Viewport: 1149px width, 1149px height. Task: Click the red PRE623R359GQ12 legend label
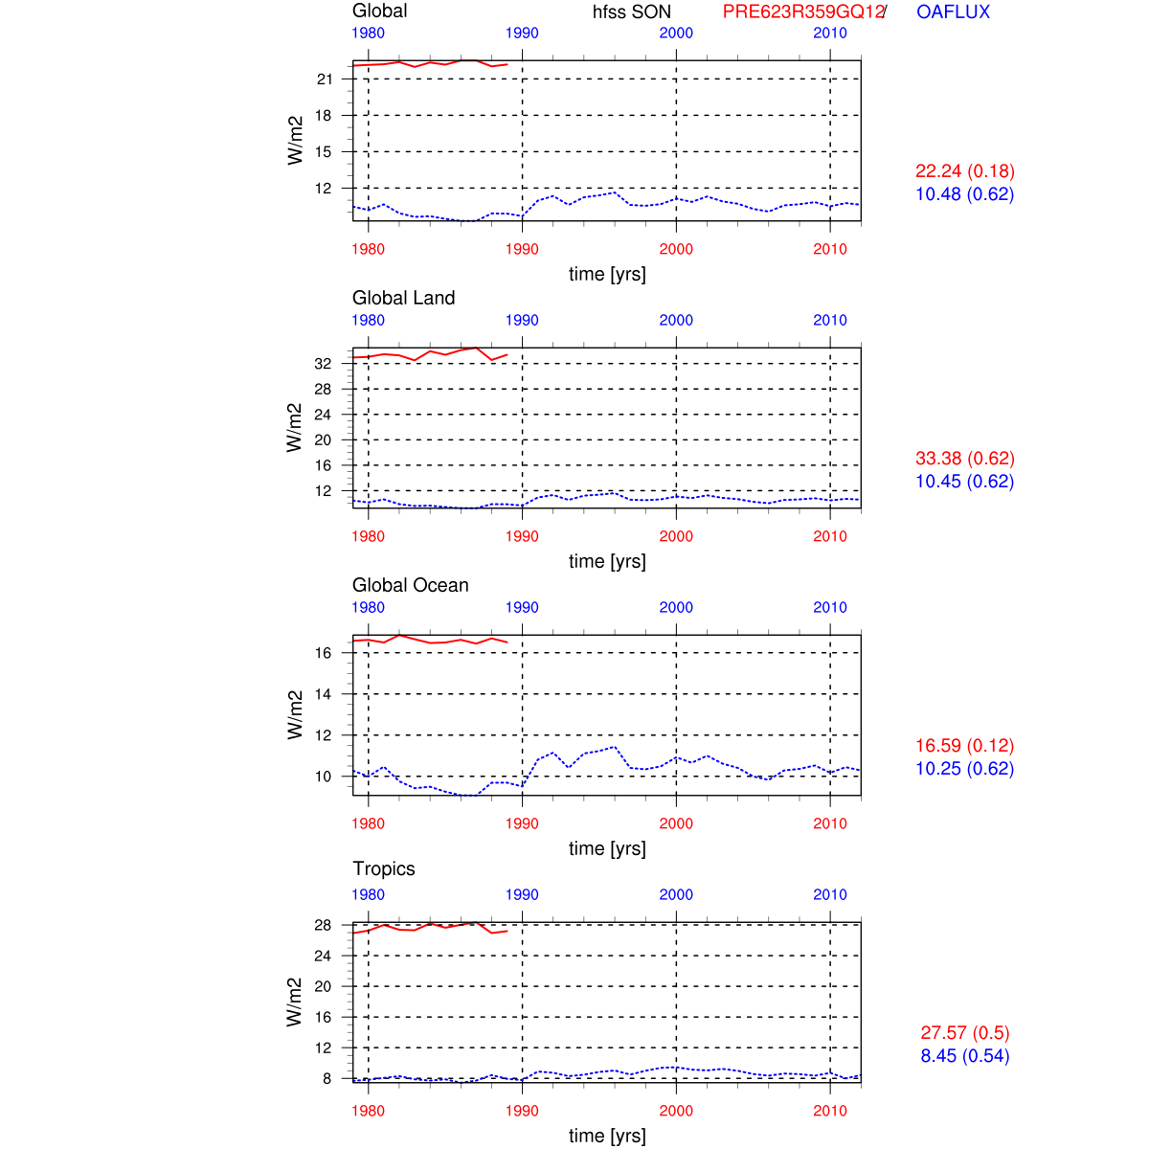pos(802,12)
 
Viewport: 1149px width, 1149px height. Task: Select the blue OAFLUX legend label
pos(953,12)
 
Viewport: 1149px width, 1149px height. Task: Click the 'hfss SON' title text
pos(632,12)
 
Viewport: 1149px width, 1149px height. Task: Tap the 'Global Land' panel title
pos(403,298)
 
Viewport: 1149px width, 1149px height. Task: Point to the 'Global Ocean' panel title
pos(410,585)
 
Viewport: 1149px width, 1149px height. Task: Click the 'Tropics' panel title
pos(383,868)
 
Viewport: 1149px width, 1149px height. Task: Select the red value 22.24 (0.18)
pos(964,171)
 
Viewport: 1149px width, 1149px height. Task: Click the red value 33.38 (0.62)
pos(964,459)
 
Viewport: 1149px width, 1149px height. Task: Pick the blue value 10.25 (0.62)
pos(964,769)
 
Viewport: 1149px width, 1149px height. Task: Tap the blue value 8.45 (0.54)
pos(964,1056)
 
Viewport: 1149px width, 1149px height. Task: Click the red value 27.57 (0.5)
pos(964,1033)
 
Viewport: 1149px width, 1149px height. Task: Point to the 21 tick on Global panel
pos(325,79)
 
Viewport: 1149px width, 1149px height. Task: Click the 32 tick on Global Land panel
pos(323,364)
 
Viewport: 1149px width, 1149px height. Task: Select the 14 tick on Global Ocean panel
pos(323,694)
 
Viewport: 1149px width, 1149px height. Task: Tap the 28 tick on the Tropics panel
pos(323,926)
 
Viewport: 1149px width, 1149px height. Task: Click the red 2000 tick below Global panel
pos(676,249)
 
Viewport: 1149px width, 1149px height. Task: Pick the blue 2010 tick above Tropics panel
pos(830,894)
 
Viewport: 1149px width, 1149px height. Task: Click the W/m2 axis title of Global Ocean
pos(295,715)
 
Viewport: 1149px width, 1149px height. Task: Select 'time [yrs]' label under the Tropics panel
pos(607,1136)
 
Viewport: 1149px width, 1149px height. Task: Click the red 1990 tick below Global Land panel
pos(522,536)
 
